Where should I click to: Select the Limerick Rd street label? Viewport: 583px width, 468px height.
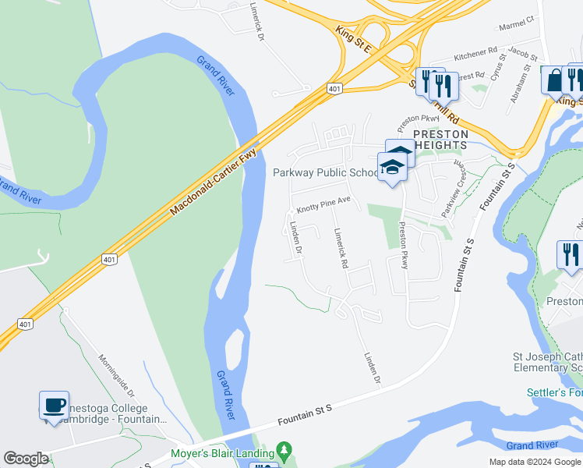340,248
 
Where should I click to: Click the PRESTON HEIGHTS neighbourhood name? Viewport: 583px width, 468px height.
440,140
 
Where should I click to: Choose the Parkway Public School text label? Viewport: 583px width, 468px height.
324,172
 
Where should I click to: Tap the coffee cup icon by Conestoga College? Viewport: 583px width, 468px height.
54,406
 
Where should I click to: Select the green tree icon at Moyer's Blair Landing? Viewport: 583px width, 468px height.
284,451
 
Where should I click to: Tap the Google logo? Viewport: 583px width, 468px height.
26,459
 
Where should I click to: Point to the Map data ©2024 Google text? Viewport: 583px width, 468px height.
535,462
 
